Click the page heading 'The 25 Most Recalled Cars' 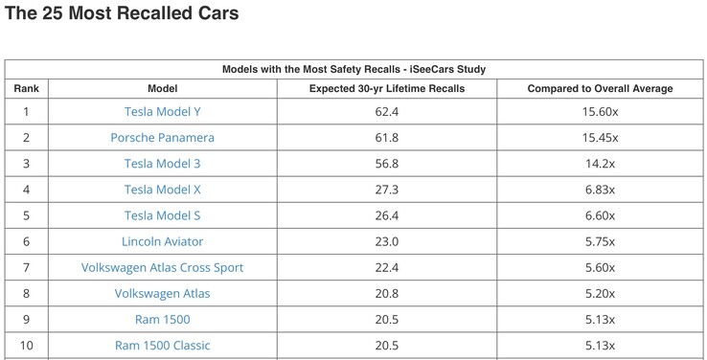(122, 14)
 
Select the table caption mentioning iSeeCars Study (353, 69)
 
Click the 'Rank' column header (26, 89)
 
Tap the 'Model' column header (163, 89)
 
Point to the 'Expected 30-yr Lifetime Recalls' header (387, 89)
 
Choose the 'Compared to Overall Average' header (601, 89)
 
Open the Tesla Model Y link (163, 112)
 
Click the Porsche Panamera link (163, 138)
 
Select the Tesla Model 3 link (163, 164)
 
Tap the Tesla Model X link (163, 190)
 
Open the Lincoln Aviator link (163, 241)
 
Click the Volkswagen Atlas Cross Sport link (163, 267)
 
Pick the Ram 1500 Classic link (163, 345)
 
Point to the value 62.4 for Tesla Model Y (387, 112)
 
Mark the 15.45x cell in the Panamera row (601, 138)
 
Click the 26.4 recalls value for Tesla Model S (387, 215)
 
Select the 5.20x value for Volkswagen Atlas (601, 293)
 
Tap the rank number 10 (26, 345)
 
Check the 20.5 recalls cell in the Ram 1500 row (387, 319)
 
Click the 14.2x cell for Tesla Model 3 (601, 164)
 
